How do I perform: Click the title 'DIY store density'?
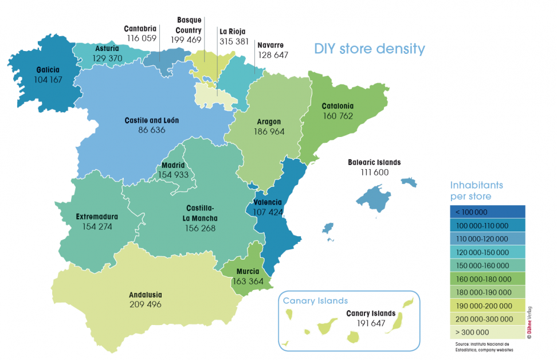coord(369,49)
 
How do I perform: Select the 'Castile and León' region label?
coord(152,121)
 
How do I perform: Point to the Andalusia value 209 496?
coord(146,304)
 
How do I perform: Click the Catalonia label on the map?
coord(338,106)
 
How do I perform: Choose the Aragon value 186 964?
coord(269,131)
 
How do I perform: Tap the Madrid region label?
coord(173,165)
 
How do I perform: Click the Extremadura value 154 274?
coord(97,226)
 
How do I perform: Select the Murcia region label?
coord(247,272)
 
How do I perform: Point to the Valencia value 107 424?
coord(264,212)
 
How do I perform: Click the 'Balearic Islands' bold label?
coord(374,162)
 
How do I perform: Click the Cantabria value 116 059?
coord(142,38)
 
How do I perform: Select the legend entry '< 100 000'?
coord(487,212)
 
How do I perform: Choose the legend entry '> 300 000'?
coord(487,332)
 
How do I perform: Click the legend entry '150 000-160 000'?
coord(487,265)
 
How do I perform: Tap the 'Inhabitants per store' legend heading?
coord(477,191)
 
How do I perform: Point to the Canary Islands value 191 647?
coord(371,323)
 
